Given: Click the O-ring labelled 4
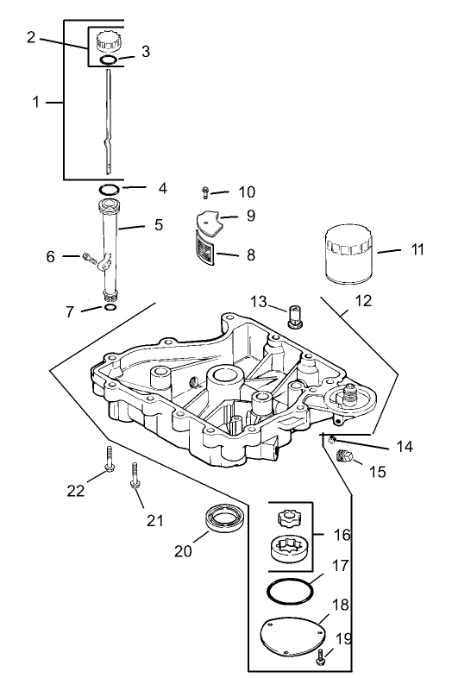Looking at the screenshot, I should [x=109, y=188].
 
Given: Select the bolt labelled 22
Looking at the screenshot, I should [x=110, y=461].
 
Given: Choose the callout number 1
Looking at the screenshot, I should [x=36, y=102].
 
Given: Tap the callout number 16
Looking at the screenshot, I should [x=342, y=535].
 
